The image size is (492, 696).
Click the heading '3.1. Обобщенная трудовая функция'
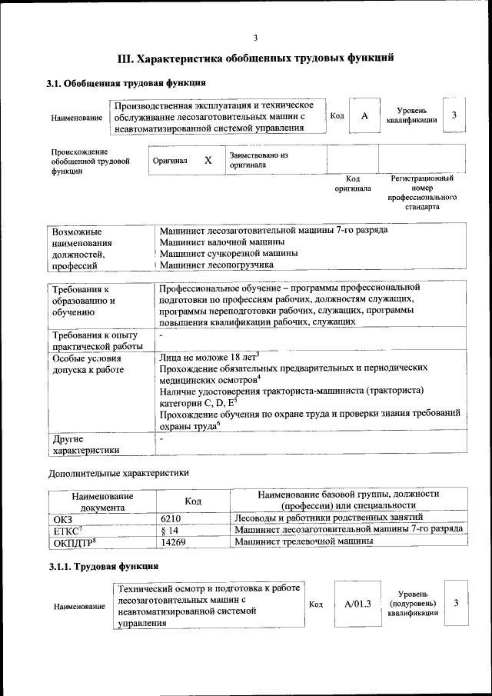tap(125, 83)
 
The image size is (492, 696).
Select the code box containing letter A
tap(365, 115)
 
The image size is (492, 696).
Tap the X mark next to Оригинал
tap(208, 161)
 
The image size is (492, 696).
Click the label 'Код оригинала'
tap(352, 183)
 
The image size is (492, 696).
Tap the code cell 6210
tap(174, 518)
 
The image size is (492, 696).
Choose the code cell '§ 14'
tap(170, 530)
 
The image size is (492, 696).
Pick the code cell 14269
tap(175, 541)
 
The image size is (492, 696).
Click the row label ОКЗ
tap(62, 518)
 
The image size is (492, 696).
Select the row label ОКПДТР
tap(73, 541)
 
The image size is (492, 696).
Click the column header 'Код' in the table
tap(193, 500)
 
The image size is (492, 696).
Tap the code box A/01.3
tap(357, 604)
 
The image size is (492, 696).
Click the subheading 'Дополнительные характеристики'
tap(118, 472)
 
